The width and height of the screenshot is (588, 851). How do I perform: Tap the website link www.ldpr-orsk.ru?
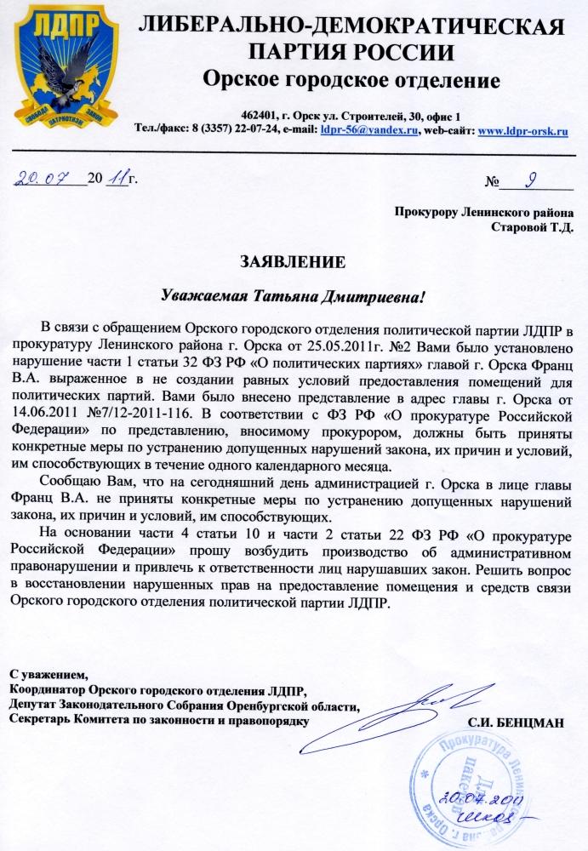click(523, 130)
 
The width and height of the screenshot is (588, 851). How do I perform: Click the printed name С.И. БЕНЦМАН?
click(516, 722)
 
